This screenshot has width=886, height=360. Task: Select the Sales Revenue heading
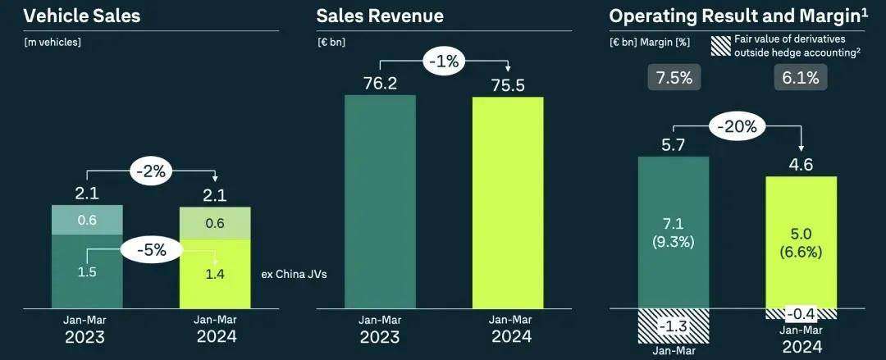tap(380, 16)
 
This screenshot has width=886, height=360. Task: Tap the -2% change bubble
tap(152, 171)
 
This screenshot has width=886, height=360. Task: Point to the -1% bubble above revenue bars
tap(443, 62)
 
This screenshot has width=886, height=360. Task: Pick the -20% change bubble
tap(739, 126)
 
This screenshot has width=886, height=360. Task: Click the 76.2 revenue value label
tap(380, 82)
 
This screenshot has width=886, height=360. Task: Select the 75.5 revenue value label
tap(508, 84)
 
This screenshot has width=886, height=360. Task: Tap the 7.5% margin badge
tap(674, 78)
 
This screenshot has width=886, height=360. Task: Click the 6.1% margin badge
tap(801, 78)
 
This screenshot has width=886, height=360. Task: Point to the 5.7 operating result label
tap(674, 144)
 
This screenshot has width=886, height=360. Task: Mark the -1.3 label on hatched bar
tap(674, 327)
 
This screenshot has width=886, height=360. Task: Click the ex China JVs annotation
tap(293, 274)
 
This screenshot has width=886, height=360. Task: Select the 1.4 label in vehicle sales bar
tap(215, 274)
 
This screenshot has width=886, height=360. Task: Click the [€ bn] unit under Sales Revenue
tap(331, 41)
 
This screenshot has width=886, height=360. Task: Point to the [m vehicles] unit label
tap(53, 41)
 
